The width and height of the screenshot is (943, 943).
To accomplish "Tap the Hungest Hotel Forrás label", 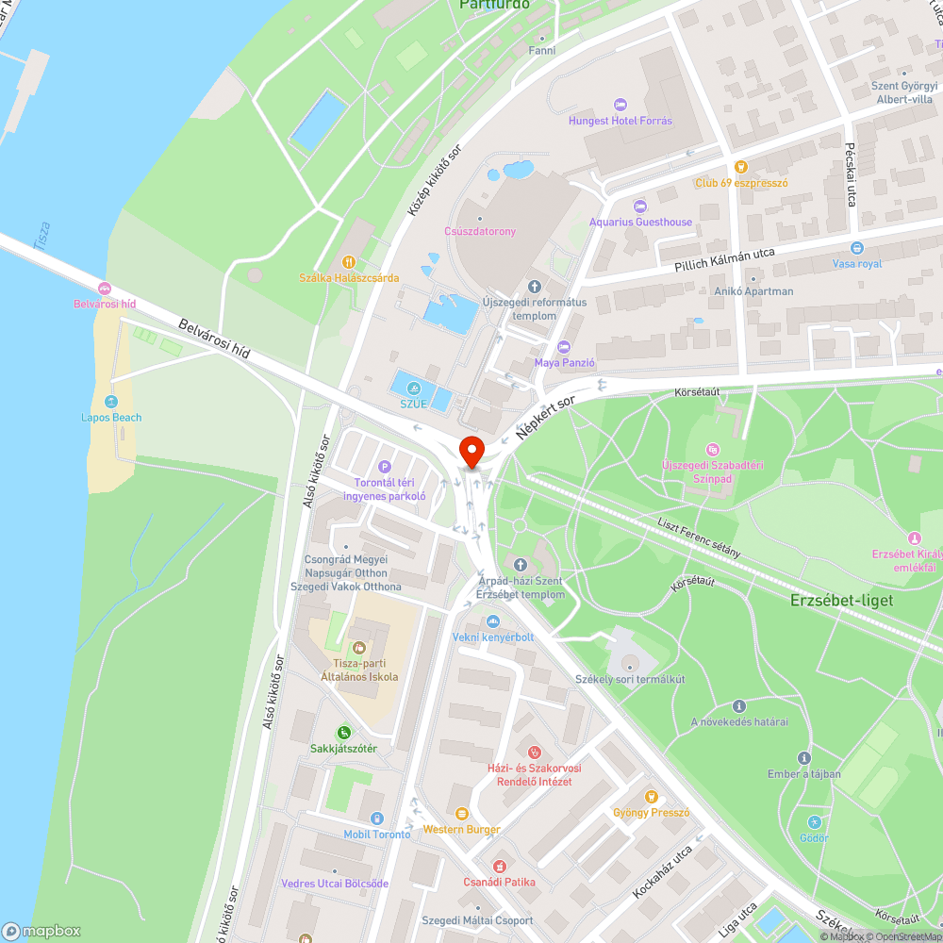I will [620, 121].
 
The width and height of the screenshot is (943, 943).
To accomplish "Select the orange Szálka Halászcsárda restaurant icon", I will [349, 262].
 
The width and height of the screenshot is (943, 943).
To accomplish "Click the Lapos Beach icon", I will [111, 402].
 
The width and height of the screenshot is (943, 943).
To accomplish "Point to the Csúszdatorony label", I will [480, 231].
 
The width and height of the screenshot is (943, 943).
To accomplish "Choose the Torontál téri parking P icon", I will [384, 466].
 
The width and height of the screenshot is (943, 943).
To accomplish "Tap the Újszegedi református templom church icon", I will [535, 286].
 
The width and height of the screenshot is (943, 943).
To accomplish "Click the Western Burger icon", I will [461, 813].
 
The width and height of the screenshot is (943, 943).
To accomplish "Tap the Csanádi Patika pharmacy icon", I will [499, 866].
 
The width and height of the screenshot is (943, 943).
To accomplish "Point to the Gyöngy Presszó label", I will [653, 813].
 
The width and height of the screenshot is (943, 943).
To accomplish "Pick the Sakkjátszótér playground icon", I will [344, 732].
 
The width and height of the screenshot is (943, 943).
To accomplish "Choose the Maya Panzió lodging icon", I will [564, 346].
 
